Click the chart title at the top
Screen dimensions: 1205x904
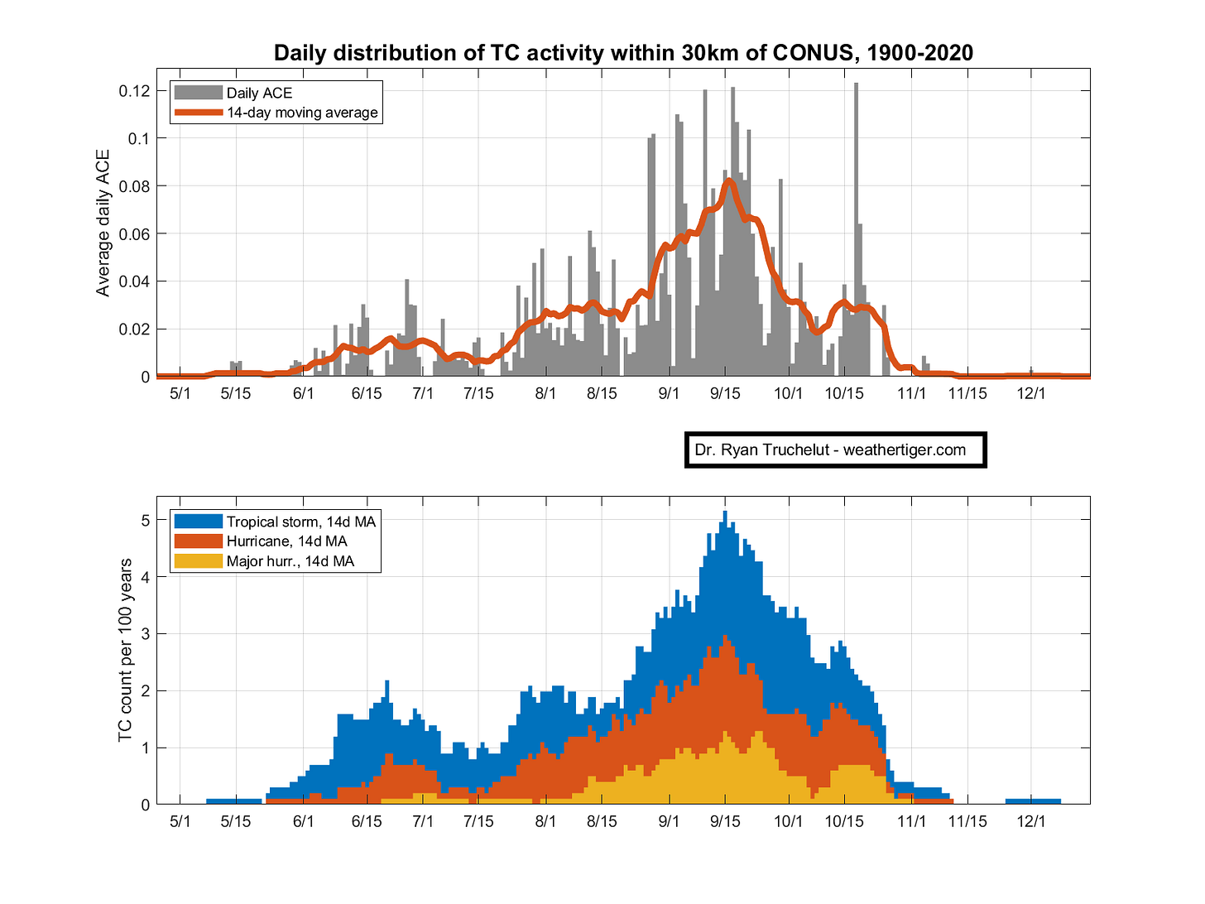click(623, 53)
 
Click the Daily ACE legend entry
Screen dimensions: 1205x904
click(233, 92)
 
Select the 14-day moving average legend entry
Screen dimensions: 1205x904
click(276, 113)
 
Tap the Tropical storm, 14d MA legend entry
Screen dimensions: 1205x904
click(275, 521)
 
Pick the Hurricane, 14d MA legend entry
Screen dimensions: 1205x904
click(261, 541)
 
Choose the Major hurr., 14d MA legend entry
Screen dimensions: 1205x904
click(264, 560)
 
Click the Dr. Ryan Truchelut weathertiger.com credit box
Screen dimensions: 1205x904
click(835, 450)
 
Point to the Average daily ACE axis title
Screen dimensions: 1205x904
click(103, 223)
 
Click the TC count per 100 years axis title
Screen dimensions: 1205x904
click(125, 651)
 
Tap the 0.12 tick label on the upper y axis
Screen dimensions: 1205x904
click(134, 90)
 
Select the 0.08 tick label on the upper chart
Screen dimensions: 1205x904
click(134, 186)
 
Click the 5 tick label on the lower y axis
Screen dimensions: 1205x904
click(146, 519)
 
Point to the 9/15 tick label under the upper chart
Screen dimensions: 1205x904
click(725, 393)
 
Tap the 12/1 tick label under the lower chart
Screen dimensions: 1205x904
click(1030, 821)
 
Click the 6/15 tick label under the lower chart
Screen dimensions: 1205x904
click(366, 821)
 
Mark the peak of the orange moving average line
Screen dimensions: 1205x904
click(728, 180)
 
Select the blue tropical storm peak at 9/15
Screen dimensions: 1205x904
click(725, 512)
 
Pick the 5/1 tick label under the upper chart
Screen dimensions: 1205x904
click(180, 393)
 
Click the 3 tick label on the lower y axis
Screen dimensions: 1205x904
click(146, 633)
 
